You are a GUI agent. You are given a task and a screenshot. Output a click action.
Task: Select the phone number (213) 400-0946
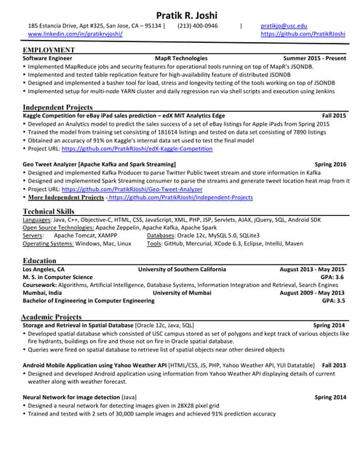point(197,25)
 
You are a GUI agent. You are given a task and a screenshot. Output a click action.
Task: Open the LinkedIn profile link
point(75,34)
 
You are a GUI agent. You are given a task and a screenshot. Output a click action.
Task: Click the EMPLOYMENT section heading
point(49,49)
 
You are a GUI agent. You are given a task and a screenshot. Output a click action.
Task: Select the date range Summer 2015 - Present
point(314,57)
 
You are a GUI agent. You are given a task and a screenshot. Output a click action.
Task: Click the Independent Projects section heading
point(58,108)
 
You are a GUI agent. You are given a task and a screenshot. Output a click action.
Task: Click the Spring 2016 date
point(329,165)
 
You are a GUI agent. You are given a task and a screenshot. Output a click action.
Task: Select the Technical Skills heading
point(50,211)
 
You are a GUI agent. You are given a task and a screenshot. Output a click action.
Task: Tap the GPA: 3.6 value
point(332,277)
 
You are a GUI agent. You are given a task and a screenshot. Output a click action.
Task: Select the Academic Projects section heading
point(51,318)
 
